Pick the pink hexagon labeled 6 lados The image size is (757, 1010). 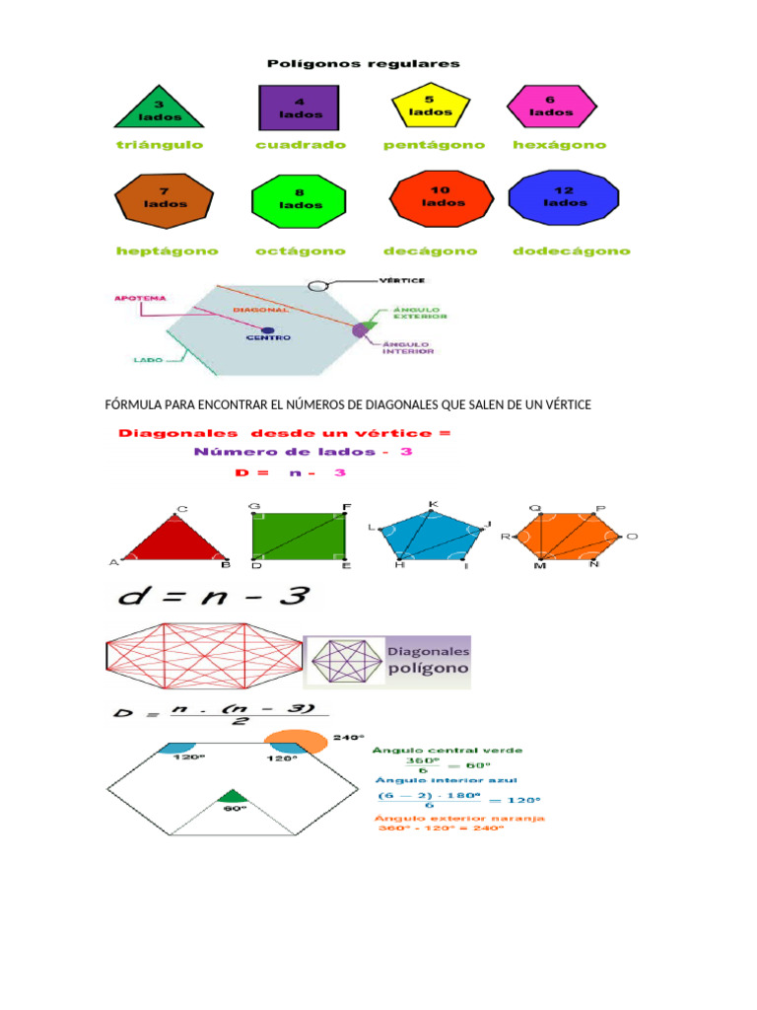(x=551, y=106)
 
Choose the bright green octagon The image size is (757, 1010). (x=299, y=202)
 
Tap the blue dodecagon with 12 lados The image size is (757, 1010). (x=564, y=198)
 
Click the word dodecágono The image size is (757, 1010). (x=571, y=252)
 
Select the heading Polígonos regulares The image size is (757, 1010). (x=364, y=64)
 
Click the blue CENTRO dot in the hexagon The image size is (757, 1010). (x=268, y=331)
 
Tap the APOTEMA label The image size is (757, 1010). (x=140, y=297)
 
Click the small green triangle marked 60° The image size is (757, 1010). (x=233, y=795)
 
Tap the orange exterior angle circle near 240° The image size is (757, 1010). (x=295, y=743)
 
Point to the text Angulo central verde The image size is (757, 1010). (x=447, y=751)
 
